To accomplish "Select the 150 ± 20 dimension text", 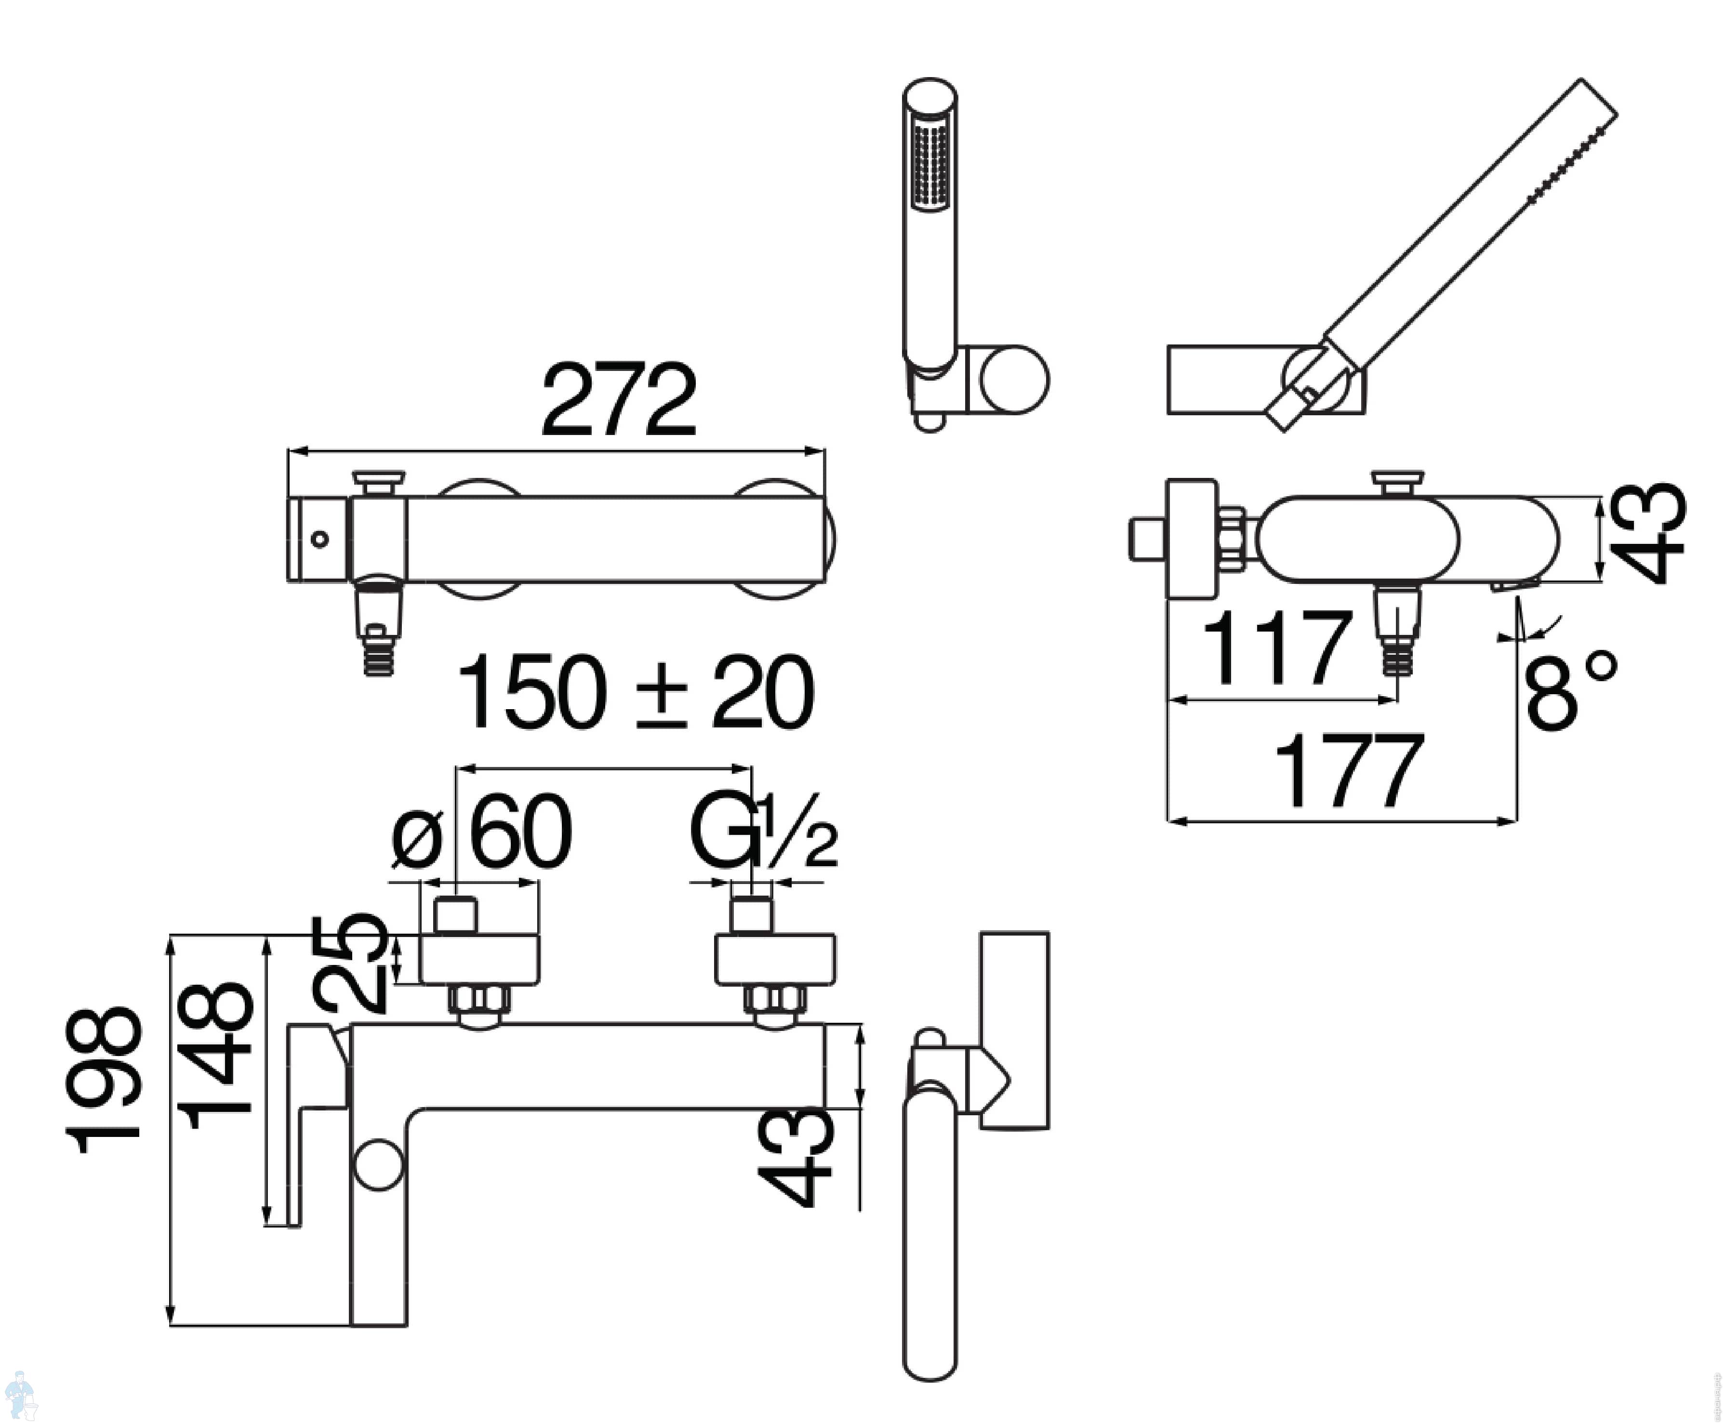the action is [x=635, y=692].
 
